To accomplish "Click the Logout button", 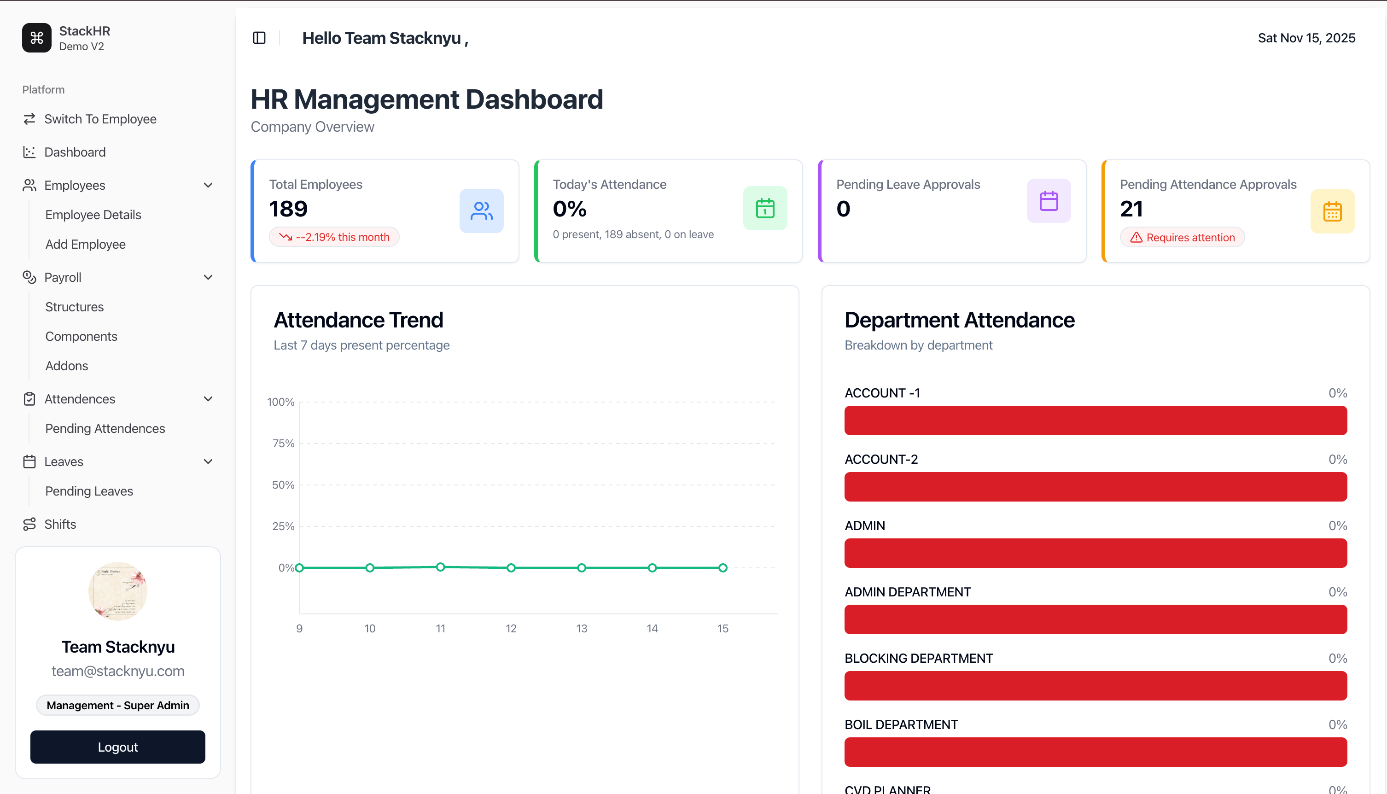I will tap(118, 747).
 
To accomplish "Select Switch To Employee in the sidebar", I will tap(100, 119).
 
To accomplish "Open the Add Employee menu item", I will tap(86, 244).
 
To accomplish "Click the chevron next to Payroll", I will tap(208, 277).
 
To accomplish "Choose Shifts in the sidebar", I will tap(60, 524).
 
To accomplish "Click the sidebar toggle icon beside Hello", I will tap(259, 38).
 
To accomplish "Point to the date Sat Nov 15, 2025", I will tap(1306, 38).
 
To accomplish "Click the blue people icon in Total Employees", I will tap(481, 210).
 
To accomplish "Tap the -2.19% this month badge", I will tap(334, 237).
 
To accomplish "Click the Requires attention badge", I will tap(1182, 237).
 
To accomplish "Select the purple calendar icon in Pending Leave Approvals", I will tap(1049, 201).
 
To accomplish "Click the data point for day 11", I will tap(441, 567).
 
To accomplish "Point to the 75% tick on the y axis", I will tap(283, 444).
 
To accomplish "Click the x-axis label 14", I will tap(652, 628).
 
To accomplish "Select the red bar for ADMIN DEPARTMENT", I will tap(1096, 619).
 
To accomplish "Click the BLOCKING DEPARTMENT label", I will tap(919, 658).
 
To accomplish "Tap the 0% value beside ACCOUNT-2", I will tap(1337, 459).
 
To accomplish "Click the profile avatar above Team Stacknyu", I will tap(118, 591).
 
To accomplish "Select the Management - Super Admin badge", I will tap(118, 705).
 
